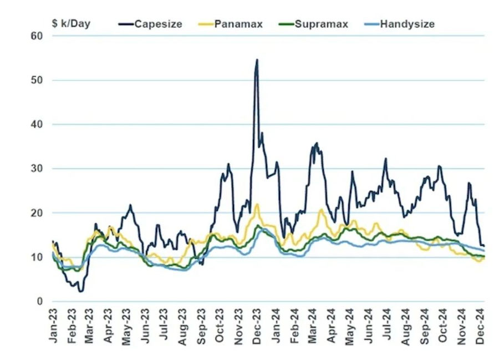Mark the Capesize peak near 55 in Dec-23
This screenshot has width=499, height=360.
click(x=257, y=60)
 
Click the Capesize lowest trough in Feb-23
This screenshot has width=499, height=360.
click(x=81, y=291)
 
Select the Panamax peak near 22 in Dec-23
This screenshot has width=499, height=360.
click(x=257, y=204)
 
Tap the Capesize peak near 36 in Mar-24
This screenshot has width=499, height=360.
click(x=317, y=143)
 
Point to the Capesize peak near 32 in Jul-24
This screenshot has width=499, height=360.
click(x=385, y=159)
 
